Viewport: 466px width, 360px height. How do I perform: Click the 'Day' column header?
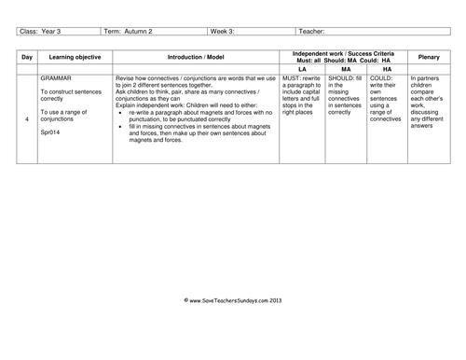(27, 56)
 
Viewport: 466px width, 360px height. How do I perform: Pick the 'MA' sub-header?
(345, 68)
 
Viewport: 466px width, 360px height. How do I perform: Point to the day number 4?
(27, 120)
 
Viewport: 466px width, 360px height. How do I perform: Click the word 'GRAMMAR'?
(58, 79)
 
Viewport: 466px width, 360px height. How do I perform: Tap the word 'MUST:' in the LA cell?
(295, 79)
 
